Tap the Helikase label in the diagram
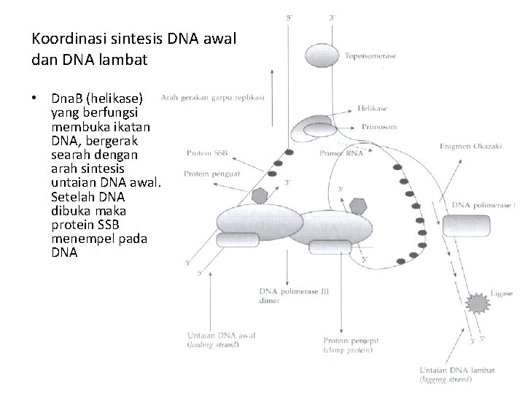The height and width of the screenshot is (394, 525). tap(373, 109)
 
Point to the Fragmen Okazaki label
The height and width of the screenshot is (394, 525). tap(470, 146)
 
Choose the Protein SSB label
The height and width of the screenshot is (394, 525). tap(207, 153)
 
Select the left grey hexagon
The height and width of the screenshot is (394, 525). tap(260, 195)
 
